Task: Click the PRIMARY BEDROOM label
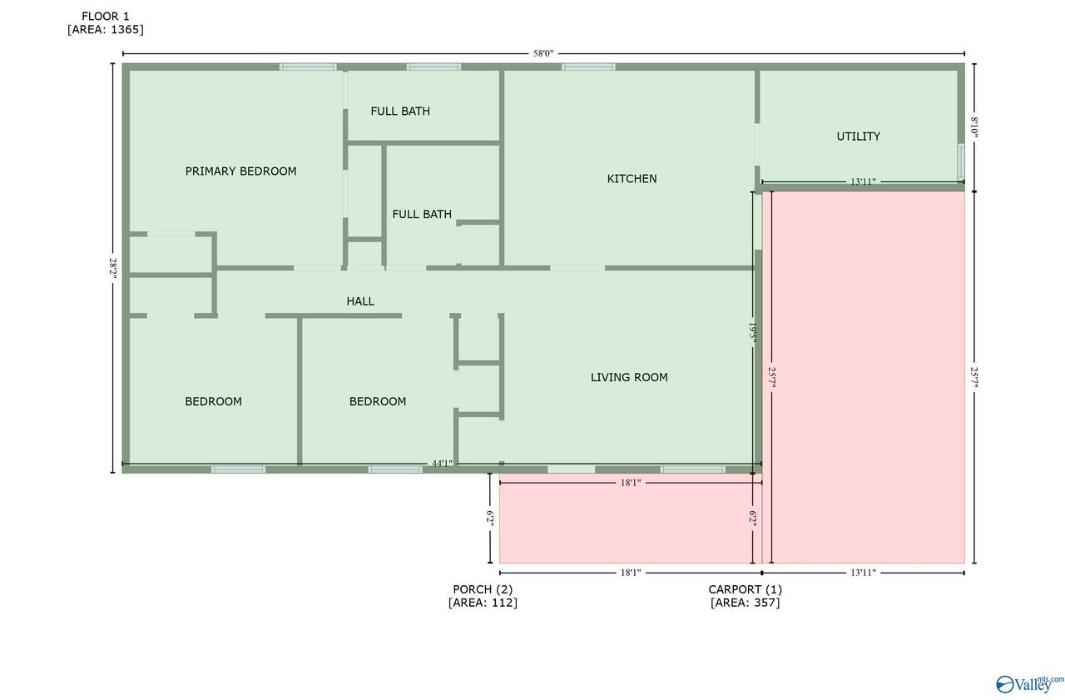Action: pos(240,171)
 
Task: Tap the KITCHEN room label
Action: pos(632,179)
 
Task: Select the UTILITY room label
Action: pos(858,137)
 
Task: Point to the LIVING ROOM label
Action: pos(629,378)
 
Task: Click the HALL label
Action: pos(360,301)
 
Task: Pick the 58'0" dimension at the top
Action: pos(543,53)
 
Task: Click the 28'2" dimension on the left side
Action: pos(113,268)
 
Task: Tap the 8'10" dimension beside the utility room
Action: pos(974,127)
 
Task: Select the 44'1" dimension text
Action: pos(442,464)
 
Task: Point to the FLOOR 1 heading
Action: pos(106,17)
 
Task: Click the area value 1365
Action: pos(127,30)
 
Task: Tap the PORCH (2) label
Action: pos(483,589)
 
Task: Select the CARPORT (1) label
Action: pos(745,589)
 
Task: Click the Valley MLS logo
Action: pos(1029,684)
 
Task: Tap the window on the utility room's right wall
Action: pos(961,162)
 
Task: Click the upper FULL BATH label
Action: pos(400,112)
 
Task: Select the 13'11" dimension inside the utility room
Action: pos(863,181)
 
